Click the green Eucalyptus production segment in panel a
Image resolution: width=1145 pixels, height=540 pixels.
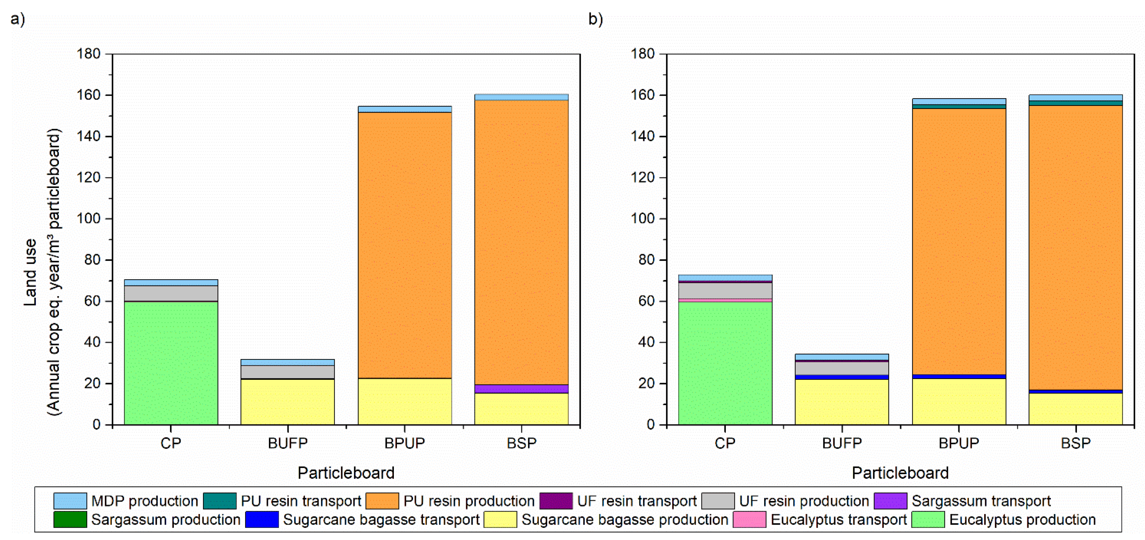tap(171, 363)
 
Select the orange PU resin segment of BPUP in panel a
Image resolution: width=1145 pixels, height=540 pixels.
tap(404, 244)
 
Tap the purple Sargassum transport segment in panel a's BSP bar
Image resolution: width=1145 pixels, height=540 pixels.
tap(522, 389)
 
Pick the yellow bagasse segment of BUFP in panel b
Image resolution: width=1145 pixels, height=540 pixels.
tap(841, 402)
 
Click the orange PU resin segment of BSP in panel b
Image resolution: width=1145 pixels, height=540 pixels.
tap(1075, 247)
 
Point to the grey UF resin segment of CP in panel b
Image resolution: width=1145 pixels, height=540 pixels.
tap(725, 290)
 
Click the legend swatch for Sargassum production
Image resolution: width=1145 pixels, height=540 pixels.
tap(70, 519)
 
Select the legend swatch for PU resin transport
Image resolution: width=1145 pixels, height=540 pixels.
tap(220, 501)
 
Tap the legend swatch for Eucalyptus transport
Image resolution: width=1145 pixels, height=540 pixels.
tap(749, 519)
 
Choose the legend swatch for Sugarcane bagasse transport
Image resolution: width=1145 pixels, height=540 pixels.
tap(262, 519)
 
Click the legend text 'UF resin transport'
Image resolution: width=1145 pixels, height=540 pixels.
tap(636, 501)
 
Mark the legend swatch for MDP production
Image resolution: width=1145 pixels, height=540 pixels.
tap(70, 501)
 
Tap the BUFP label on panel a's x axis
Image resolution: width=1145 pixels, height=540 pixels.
tap(287, 443)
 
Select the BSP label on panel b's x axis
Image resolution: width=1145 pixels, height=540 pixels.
tap(1075, 443)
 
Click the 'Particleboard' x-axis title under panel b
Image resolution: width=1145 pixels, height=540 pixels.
tap(900, 473)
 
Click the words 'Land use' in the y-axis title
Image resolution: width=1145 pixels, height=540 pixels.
tap(30, 272)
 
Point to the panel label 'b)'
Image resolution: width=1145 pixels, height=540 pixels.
tap(596, 19)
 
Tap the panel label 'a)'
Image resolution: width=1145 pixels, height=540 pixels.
tap(18, 19)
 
